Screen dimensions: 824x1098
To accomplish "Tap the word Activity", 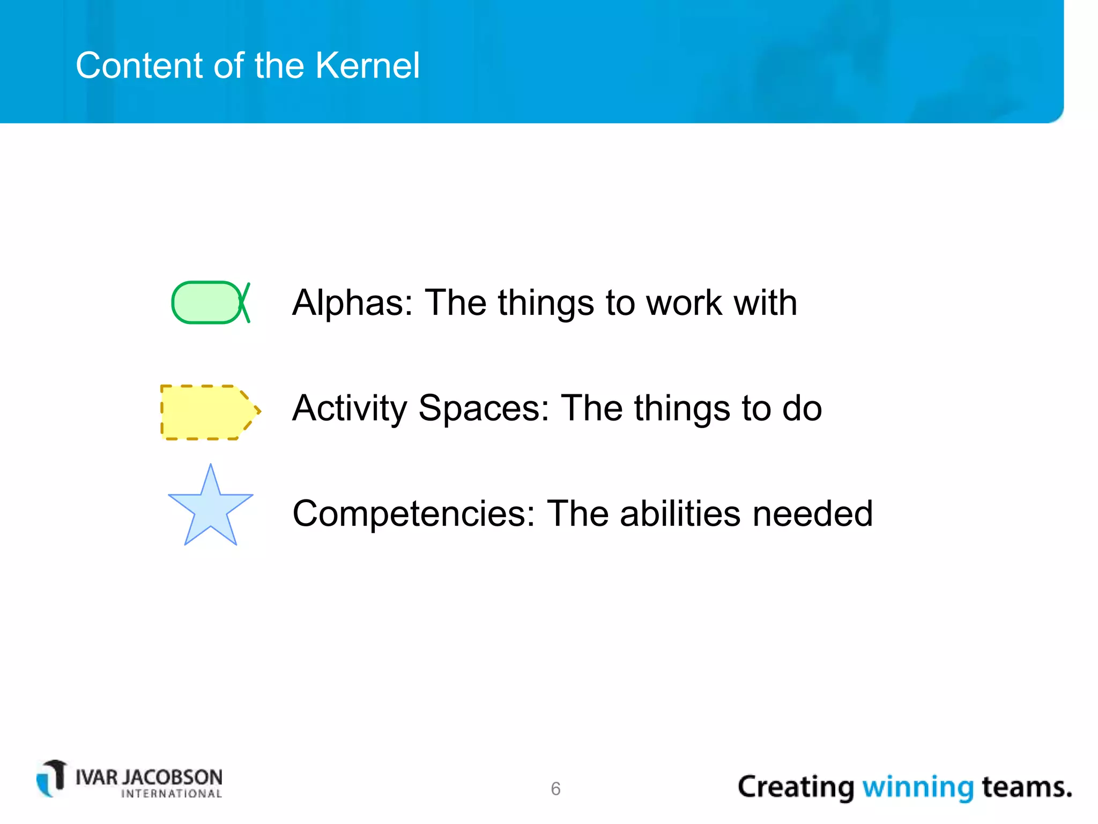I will [x=350, y=409].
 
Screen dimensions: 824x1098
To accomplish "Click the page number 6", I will [x=555, y=789].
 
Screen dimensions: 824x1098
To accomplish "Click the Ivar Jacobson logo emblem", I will [x=52, y=778].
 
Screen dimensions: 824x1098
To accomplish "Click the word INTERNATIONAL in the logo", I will [x=172, y=794].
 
